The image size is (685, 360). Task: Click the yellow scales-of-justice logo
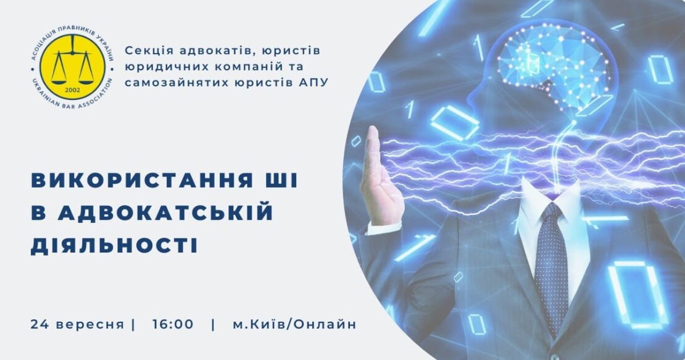coord(72,67)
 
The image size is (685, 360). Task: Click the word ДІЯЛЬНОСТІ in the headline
coord(114,245)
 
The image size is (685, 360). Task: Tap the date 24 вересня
coord(77,325)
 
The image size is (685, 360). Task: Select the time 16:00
coord(173,325)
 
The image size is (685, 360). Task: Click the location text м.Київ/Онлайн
coord(294,325)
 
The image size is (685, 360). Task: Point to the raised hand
coord(378,175)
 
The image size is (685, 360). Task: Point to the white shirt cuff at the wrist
coord(383,228)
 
